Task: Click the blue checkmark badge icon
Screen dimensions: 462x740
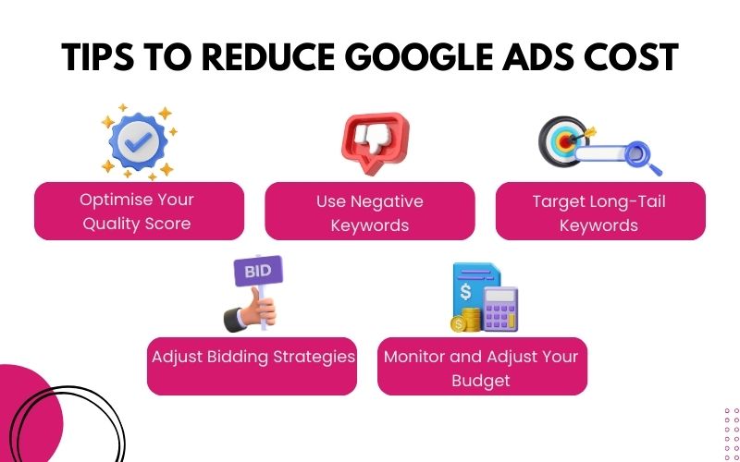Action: tap(139, 144)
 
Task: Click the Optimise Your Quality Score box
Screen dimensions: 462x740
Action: tap(139, 212)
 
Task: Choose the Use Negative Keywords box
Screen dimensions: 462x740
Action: tap(370, 212)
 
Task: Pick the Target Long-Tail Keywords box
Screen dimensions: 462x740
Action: tap(600, 212)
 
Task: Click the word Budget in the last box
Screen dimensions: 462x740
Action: tap(481, 380)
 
